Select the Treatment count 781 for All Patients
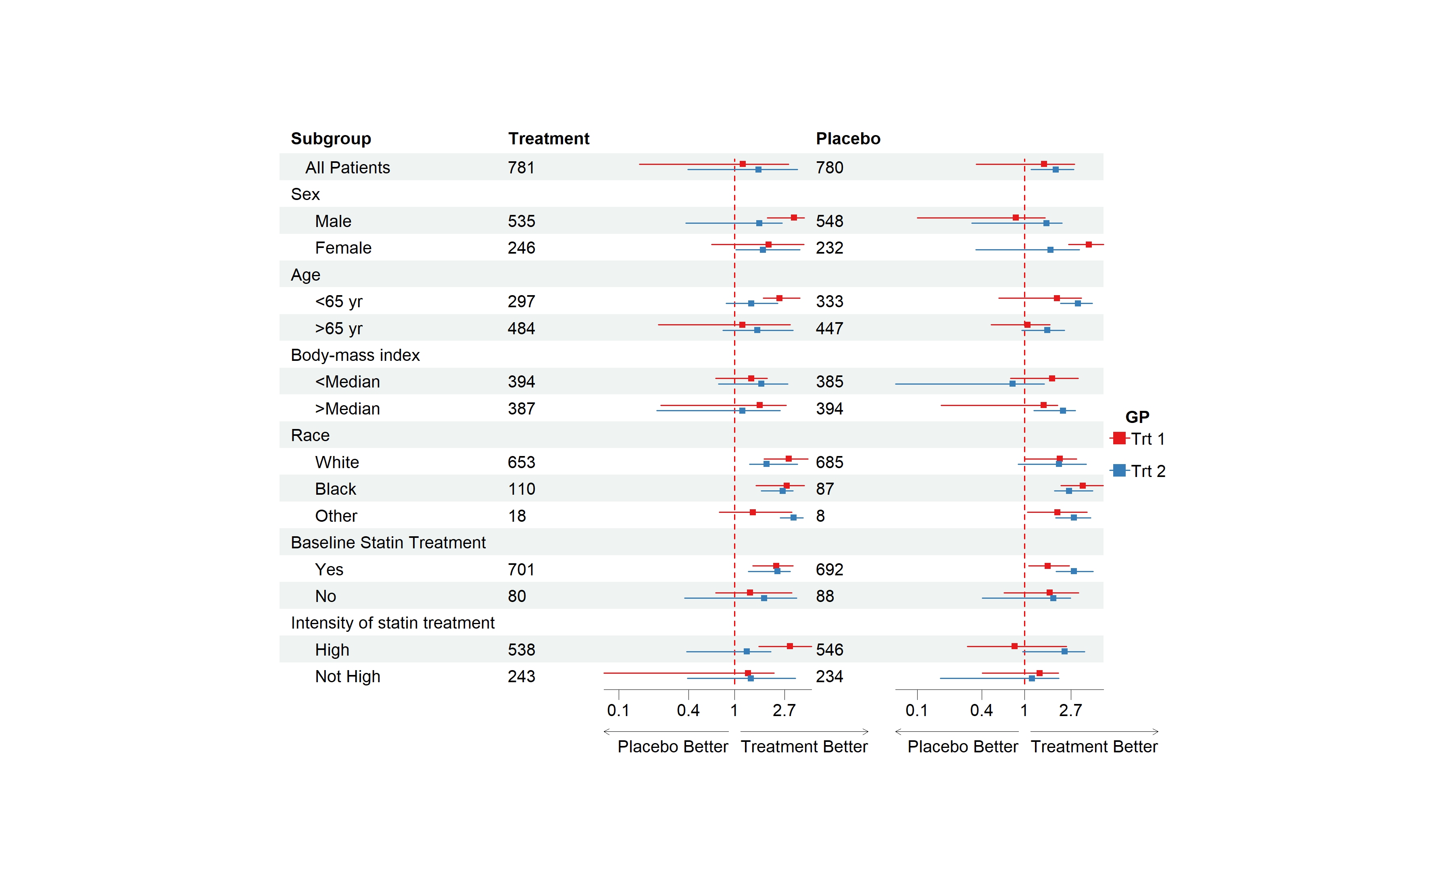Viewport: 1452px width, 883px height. coord(521,168)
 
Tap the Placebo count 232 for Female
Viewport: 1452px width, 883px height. coord(829,248)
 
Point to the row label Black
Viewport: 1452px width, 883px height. coord(335,489)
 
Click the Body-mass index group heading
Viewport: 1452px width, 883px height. coord(355,355)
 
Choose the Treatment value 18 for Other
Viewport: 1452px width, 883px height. coord(517,516)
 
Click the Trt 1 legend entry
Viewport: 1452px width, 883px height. coord(1137,439)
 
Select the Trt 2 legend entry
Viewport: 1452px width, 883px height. coord(1137,471)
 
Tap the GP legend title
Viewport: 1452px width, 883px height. coord(1137,417)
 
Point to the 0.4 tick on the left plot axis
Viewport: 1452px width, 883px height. coord(688,710)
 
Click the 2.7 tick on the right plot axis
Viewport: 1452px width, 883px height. coord(1070,710)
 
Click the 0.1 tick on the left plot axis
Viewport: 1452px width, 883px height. coord(618,710)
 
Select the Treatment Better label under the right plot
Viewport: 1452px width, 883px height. coord(1094,747)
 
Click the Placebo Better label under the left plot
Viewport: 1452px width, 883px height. coord(672,747)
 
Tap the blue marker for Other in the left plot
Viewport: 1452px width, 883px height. coord(793,518)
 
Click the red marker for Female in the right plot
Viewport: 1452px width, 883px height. coord(1089,244)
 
